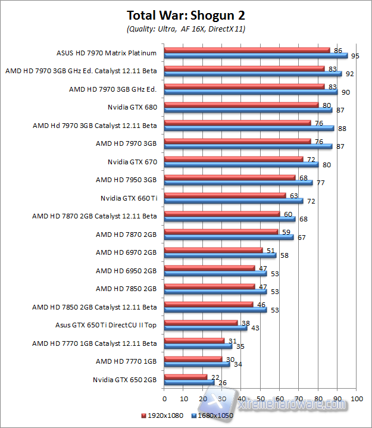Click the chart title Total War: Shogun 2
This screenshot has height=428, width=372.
pyautogui.click(x=186, y=15)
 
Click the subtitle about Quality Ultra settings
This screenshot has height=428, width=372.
pyautogui.click(x=186, y=29)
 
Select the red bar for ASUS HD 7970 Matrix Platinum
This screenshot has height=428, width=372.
pyautogui.click(x=246, y=49)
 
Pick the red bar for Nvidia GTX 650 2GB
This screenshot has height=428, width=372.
pyautogui.click(x=185, y=377)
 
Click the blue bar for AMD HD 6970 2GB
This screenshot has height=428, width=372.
pyautogui.click(x=220, y=255)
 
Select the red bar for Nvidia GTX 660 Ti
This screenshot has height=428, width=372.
pyautogui.click(x=224, y=195)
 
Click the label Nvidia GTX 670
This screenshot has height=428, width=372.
pyautogui.click(x=132, y=161)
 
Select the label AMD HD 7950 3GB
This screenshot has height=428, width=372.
pyautogui.click(x=126, y=179)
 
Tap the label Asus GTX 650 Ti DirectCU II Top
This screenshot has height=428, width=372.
pyautogui.click(x=106, y=325)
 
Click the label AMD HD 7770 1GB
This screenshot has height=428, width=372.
pyautogui.click(x=126, y=361)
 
